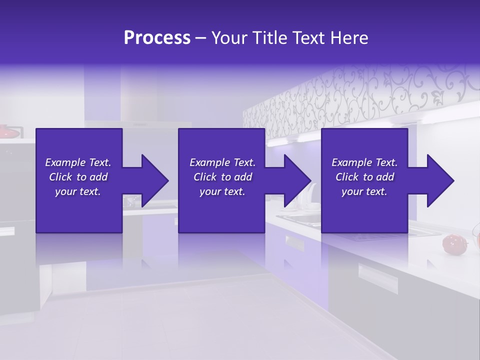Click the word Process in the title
[157, 38]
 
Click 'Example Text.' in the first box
[78, 162]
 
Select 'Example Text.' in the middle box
[222, 162]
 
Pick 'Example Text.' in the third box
[364, 162]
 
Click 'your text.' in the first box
[78, 191]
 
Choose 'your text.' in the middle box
[222, 191]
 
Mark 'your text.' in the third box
[364, 191]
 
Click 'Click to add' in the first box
[78, 177]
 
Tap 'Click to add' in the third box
[364, 177]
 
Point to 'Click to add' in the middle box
[222, 177]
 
